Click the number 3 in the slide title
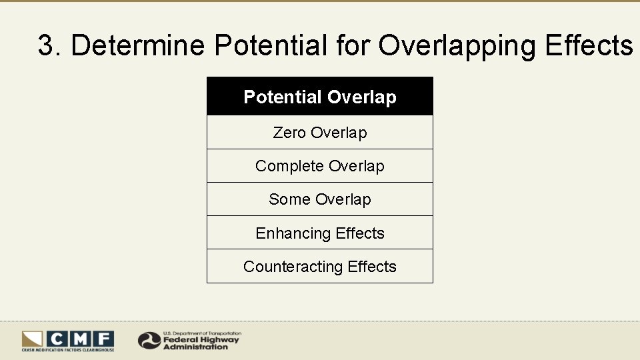pos(46,46)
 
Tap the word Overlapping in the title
pos(458,46)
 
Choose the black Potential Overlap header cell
pos(320,97)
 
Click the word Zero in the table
pos(289,133)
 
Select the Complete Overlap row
pos(320,166)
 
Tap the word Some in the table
pos(289,199)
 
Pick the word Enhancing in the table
pos(293,233)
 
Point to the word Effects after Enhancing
pos(360,233)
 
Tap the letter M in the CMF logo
pos(80,339)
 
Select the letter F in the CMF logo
pos(103,339)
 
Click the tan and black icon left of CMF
pos(32,339)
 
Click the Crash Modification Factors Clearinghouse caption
pos(68,350)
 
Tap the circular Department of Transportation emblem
pos(149,340)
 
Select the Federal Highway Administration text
pos(201,343)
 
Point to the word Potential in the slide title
pos(271,46)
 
